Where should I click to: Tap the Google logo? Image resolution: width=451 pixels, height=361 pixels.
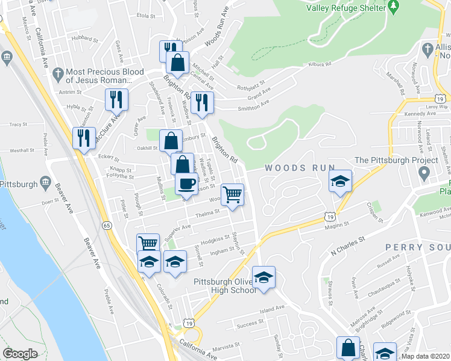20,354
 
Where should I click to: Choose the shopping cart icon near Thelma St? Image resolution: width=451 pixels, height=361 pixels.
232,194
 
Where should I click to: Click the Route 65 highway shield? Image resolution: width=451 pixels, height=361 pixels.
107,225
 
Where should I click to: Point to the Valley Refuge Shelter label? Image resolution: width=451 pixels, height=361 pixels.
345,8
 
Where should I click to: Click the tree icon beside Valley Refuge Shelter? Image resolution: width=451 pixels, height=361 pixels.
395,7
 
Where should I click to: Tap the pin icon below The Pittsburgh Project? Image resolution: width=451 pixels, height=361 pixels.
424,174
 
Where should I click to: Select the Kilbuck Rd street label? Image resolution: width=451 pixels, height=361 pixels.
320,63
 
